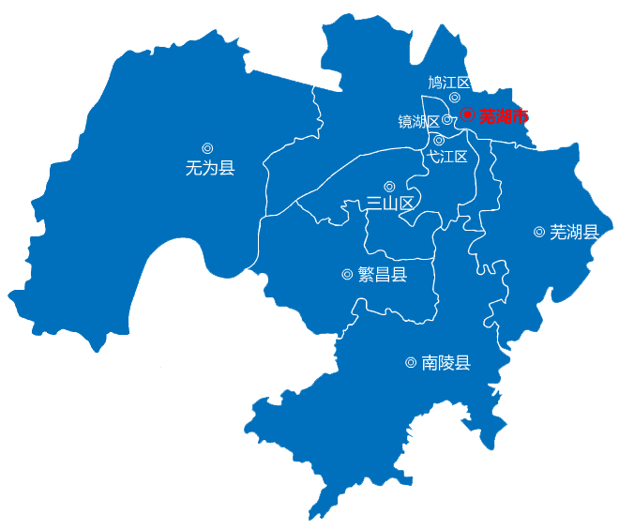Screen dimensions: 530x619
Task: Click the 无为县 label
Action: point(210,169)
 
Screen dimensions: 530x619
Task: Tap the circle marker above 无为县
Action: point(207,148)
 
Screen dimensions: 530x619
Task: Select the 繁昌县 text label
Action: point(383,275)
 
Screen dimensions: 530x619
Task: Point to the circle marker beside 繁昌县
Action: point(348,275)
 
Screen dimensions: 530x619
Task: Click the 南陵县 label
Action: point(445,363)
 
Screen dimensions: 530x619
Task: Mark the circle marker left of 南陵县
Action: point(411,363)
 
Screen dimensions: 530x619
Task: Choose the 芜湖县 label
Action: point(574,232)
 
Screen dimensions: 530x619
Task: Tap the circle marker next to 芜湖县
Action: point(539,232)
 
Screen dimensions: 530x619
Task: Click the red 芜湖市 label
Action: point(504,116)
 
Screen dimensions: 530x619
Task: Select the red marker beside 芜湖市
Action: point(468,115)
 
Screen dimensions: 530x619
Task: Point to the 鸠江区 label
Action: point(448,83)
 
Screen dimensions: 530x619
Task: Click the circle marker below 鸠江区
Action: point(455,98)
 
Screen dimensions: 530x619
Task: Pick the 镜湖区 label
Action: point(418,121)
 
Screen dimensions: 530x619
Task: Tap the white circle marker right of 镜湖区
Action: point(447,120)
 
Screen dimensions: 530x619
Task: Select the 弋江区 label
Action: point(447,157)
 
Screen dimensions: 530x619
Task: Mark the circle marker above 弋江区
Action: point(439,140)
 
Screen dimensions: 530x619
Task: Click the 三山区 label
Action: point(390,203)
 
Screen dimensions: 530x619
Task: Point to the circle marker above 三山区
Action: point(389,187)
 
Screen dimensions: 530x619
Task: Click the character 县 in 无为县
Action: point(226,169)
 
